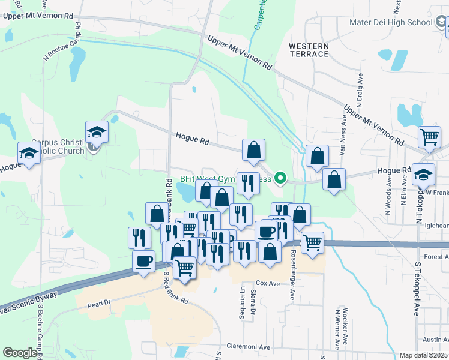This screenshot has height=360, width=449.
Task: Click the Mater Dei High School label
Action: pos(391,23)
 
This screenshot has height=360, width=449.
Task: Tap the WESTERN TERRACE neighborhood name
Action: pos(309,50)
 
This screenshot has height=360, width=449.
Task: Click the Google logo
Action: pos(19,353)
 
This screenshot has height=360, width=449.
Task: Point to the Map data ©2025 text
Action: pos(423,355)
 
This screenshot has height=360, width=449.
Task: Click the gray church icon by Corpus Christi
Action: pos(92,146)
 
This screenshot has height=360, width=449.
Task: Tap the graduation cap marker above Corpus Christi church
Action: pos(96,131)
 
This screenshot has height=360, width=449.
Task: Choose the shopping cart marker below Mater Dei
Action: pos(429,137)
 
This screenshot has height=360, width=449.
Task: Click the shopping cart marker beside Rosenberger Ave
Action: pos(312,242)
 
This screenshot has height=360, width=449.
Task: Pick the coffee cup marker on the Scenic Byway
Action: pos(143,261)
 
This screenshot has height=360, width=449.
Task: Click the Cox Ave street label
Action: pos(268,283)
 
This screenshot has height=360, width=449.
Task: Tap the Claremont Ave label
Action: pos(249,347)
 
